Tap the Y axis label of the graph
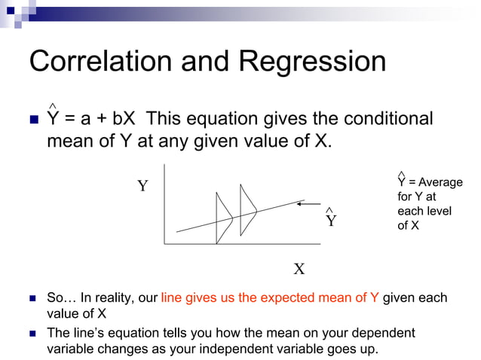142,186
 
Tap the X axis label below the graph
299,269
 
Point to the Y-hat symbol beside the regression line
331,219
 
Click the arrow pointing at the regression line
310,203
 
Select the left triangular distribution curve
224,218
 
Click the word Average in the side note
440,182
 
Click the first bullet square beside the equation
33,121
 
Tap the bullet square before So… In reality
32,299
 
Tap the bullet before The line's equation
32,334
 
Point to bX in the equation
124,119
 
